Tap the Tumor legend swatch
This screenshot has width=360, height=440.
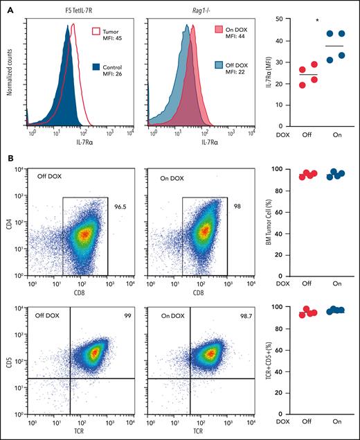(x=96, y=33)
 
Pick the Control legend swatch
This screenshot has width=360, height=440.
(x=96, y=67)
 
